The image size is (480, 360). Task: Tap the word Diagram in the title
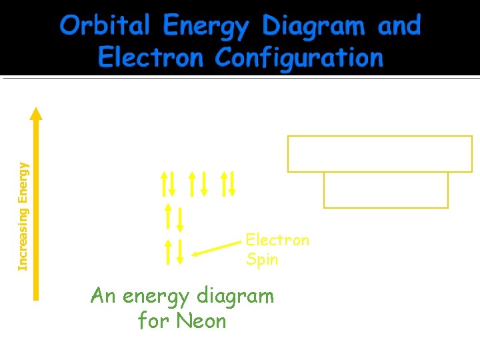(x=313, y=27)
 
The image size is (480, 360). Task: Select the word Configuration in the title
(x=299, y=58)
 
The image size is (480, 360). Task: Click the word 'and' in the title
(x=399, y=27)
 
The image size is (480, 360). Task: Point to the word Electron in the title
(x=151, y=58)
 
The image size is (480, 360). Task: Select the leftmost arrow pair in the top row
(x=167, y=184)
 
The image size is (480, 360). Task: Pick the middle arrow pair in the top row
(x=198, y=184)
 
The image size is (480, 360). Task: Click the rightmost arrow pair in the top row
(x=228, y=184)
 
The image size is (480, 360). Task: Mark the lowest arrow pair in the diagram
(x=173, y=251)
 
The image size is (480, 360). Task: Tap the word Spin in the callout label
(x=262, y=259)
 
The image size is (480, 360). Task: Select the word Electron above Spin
(x=277, y=240)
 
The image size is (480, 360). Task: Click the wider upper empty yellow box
(x=380, y=153)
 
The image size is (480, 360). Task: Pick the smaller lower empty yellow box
(x=385, y=189)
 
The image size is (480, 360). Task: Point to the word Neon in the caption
(x=201, y=321)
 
